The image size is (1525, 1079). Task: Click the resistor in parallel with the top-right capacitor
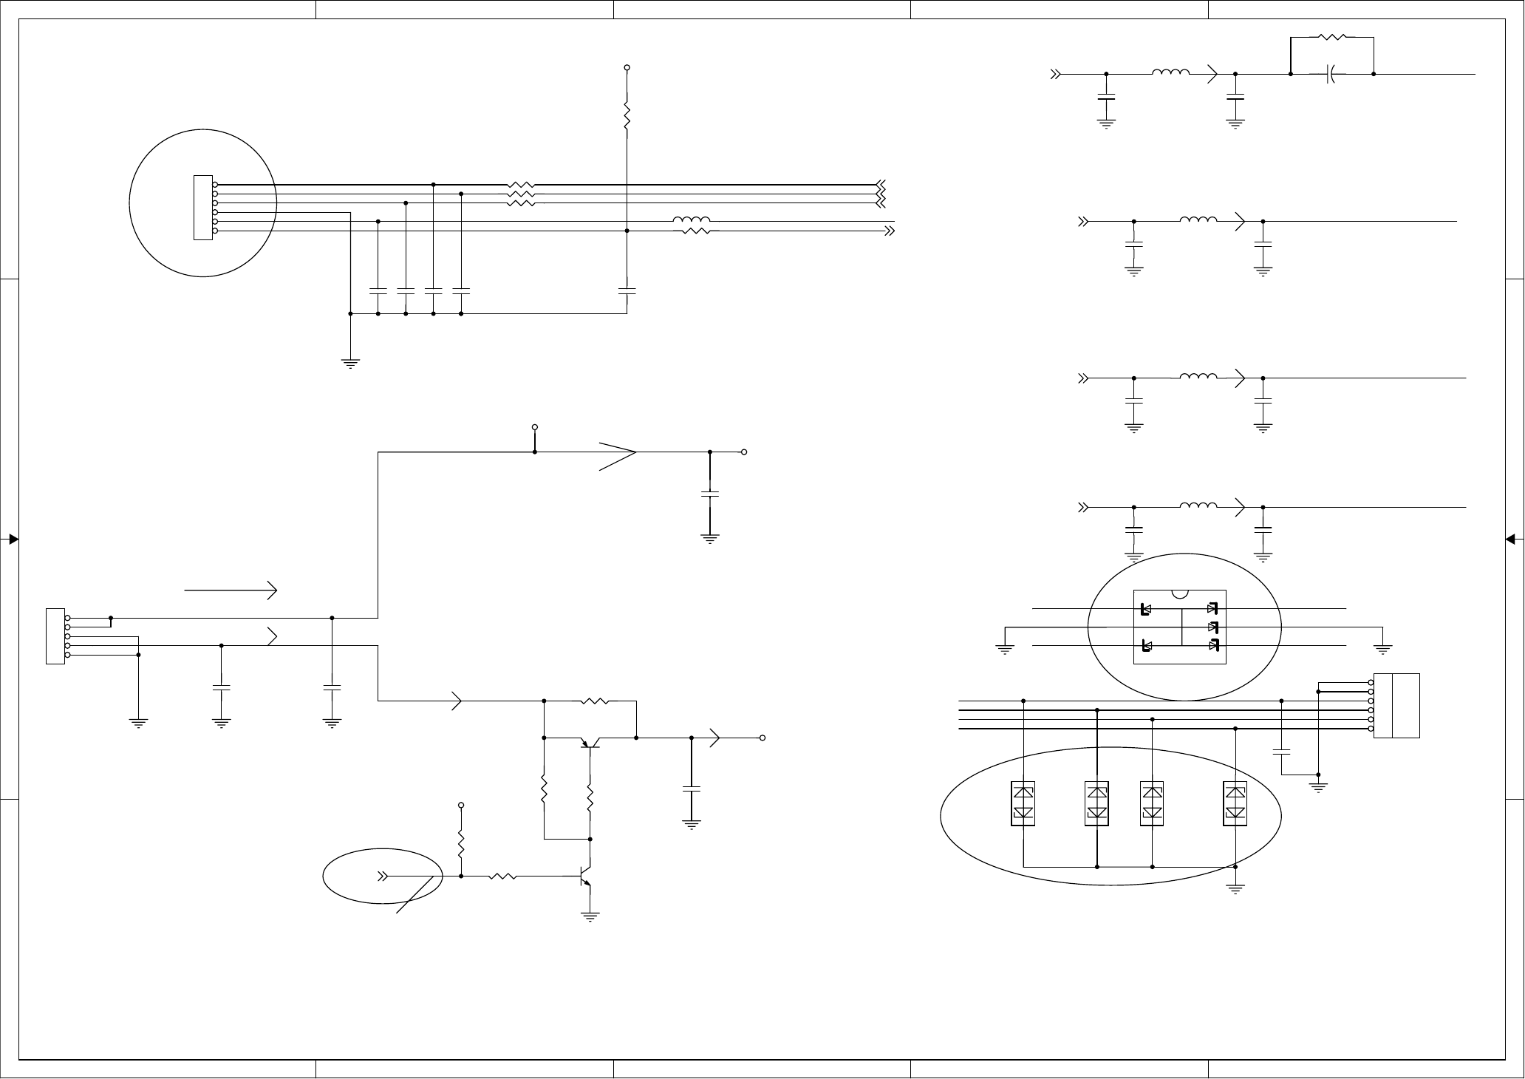click(x=1331, y=36)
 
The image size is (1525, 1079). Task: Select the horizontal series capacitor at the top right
click(x=1331, y=74)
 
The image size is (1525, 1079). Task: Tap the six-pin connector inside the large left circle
click(x=202, y=208)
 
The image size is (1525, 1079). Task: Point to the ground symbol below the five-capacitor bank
click(x=350, y=362)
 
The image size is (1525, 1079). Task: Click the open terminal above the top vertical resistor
click(x=627, y=68)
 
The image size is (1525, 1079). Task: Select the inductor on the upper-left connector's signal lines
click(x=692, y=220)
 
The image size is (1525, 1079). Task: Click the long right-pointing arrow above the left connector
click(x=231, y=590)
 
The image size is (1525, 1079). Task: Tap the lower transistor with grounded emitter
click(x=587, y=877)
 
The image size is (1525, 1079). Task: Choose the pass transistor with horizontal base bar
click(x=590, y=742)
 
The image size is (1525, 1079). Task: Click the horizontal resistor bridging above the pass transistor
click(x=596, y=701)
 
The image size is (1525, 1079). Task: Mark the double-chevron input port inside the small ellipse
click(x=383, y=877)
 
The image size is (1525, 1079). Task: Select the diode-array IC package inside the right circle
click(x=1180, y=627)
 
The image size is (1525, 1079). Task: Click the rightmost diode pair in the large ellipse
click(x=1235, y=803)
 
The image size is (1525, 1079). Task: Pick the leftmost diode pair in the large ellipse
click(x=1023, y=803)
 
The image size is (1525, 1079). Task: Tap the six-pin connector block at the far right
click(x=1405, y=706)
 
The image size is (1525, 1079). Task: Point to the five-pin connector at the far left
click(x=55, y=636)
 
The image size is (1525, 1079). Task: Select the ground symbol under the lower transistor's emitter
click(x=590, y=917)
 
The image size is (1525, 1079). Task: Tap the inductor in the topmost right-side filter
click(x=1170, y=72)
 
